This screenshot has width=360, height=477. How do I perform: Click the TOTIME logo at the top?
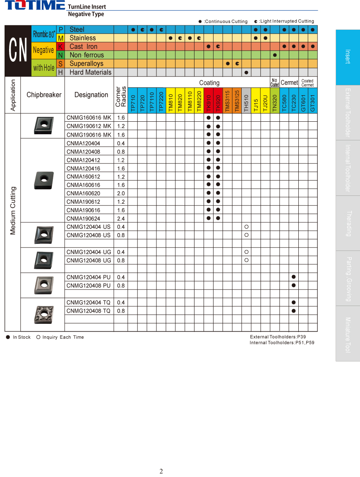35,6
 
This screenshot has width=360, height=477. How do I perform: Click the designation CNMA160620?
83,193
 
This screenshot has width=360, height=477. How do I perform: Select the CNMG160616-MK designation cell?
89,118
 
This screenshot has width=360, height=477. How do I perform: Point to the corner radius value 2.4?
121,219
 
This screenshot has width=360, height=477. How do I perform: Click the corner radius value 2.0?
121,193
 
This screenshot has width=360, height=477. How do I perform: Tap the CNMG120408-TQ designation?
89,311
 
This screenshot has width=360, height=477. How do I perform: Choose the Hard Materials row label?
90,72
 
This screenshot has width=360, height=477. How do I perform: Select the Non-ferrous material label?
86,55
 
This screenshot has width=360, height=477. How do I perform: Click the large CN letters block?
18,51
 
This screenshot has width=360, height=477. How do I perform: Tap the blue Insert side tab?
348,57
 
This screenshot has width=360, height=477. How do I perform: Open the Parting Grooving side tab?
348,278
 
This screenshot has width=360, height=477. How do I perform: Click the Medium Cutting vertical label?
13,210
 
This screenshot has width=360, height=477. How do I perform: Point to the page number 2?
161,471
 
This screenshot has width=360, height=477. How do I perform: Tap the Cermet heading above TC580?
289,83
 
